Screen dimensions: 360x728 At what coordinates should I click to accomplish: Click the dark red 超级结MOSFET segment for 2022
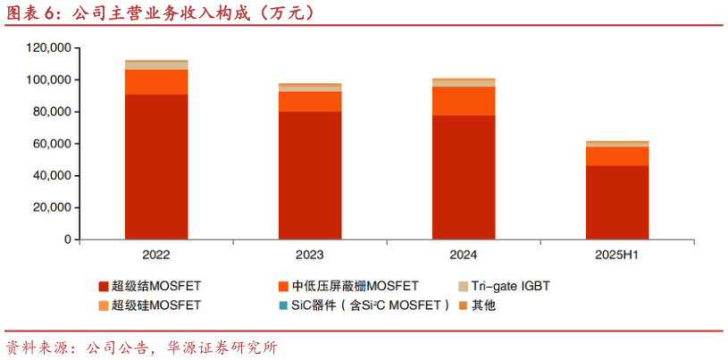click(156, 166)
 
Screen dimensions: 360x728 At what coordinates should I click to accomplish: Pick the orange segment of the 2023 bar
click(310, 101)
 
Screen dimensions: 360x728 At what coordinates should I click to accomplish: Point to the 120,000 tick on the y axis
click(48, 48)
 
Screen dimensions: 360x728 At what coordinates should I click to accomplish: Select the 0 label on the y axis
click(66, 240)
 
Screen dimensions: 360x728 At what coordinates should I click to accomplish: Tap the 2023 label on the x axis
click(310, 255)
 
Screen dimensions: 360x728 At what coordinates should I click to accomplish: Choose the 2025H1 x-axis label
click(617, 255)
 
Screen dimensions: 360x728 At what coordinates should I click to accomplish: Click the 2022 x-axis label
click(156, 255)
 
